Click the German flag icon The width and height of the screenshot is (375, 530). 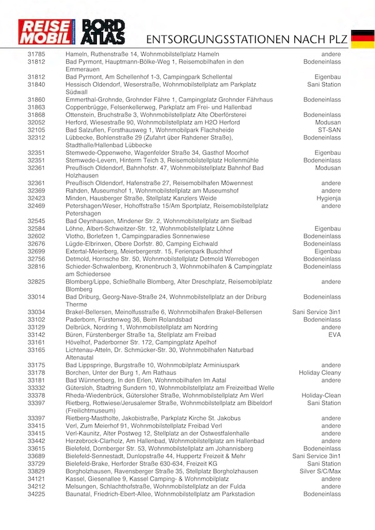point(362,38)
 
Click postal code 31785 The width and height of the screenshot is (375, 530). point(36,54)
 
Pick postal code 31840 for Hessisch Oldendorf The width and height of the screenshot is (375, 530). point(36,84)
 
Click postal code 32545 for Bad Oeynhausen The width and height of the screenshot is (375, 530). point(36,221)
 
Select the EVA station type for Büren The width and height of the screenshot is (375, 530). point(334,335)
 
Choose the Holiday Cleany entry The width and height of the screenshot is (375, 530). point(320,373)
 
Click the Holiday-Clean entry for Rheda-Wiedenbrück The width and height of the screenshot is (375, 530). point(321,396)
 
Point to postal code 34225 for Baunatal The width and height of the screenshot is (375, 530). point(36,494)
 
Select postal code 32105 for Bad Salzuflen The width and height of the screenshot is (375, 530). point(36,130)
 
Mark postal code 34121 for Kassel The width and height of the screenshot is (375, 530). point(36,479)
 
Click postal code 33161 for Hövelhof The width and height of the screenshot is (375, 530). point(36,342)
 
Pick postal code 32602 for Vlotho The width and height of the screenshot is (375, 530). point(36,236)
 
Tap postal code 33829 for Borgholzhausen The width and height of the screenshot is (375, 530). point(36,471)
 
